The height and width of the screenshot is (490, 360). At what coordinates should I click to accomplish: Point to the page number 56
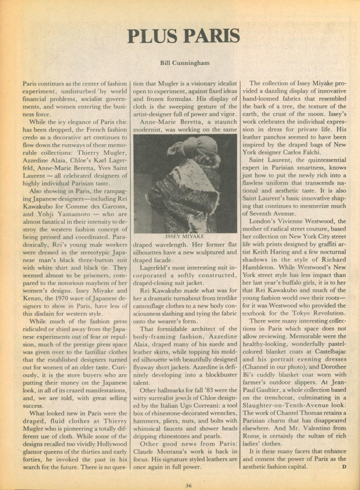189,484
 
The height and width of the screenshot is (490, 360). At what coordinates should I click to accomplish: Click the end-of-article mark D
344,467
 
